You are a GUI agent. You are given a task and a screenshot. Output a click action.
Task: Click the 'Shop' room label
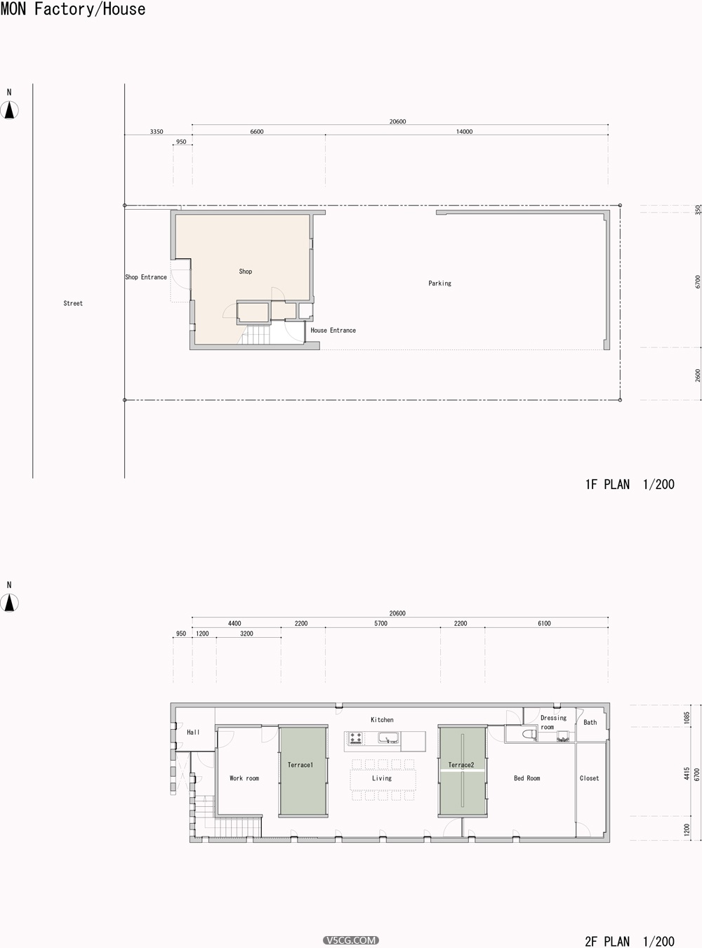(245, 272)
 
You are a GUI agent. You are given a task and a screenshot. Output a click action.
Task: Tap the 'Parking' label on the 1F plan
(439, 283)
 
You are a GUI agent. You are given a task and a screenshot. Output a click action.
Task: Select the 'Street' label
(73, 303)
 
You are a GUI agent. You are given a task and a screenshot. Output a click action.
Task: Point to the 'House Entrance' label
(333, 331)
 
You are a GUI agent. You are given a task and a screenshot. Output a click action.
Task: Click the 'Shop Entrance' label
(146, 277)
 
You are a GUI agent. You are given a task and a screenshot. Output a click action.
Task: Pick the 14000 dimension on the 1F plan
(464, 132)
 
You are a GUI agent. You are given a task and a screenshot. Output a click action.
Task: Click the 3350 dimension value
(157, 132)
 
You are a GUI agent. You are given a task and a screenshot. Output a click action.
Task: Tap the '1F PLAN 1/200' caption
(630, 484)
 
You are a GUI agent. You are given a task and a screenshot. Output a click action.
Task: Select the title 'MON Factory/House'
(73, 9)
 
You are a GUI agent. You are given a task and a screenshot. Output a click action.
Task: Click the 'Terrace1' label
(300, 765)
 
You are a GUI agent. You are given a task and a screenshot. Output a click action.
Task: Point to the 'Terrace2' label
(461, 765)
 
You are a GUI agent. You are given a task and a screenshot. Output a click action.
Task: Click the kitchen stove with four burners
(356, 738)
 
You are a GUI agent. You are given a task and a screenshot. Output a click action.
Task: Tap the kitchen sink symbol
(388, 737)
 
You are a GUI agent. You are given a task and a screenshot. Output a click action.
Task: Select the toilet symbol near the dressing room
(529, 735)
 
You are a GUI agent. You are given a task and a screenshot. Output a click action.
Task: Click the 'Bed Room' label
(527, 778)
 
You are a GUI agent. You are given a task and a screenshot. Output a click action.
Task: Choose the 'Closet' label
(590, 778)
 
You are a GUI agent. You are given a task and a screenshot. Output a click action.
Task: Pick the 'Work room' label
(244, 778)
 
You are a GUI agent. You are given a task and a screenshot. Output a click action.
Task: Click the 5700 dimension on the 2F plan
(380, 624)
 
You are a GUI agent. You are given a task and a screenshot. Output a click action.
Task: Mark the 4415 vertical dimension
(687, 773)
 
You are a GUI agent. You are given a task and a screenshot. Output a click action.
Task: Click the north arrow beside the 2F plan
(9, 603)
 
